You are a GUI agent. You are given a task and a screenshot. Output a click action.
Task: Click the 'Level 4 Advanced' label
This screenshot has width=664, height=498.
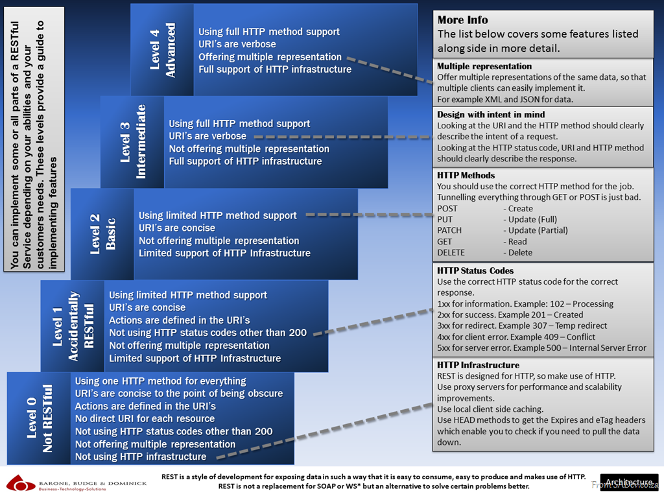click(162, 51)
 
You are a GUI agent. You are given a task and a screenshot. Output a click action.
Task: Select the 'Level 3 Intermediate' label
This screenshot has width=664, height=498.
click(133, 142)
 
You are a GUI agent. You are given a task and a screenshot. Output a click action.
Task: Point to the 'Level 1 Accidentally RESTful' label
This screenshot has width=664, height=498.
click(73, 326)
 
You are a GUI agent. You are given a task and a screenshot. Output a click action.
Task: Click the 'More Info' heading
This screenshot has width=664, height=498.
click(462, 20)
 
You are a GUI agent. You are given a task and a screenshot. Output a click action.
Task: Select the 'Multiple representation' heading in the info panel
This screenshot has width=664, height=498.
click(484, 66)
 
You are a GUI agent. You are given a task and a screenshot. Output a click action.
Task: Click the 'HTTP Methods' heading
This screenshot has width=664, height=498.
click(466, 175)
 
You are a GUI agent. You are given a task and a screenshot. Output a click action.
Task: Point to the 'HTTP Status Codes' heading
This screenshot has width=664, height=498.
click(475, 270)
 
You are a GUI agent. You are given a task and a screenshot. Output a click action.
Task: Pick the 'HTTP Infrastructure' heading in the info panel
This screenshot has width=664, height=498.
click(478, 365)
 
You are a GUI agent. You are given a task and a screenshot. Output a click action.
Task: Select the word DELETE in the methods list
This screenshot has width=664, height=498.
click(451, 252)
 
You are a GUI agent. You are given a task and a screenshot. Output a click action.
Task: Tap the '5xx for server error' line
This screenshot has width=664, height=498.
click(541, 348)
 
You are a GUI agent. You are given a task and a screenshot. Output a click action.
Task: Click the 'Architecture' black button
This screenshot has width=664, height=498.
click(628, 482)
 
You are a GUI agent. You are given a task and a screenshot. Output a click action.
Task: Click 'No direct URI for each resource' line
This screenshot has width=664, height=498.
click(145, 419)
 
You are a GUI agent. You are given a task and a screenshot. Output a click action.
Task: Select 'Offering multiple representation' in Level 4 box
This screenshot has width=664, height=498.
click(270, 57)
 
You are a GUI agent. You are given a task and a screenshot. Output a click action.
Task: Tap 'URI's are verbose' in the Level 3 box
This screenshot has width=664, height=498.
click(207, 136)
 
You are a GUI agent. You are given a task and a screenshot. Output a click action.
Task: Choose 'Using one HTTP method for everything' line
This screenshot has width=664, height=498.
click(160, 381)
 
